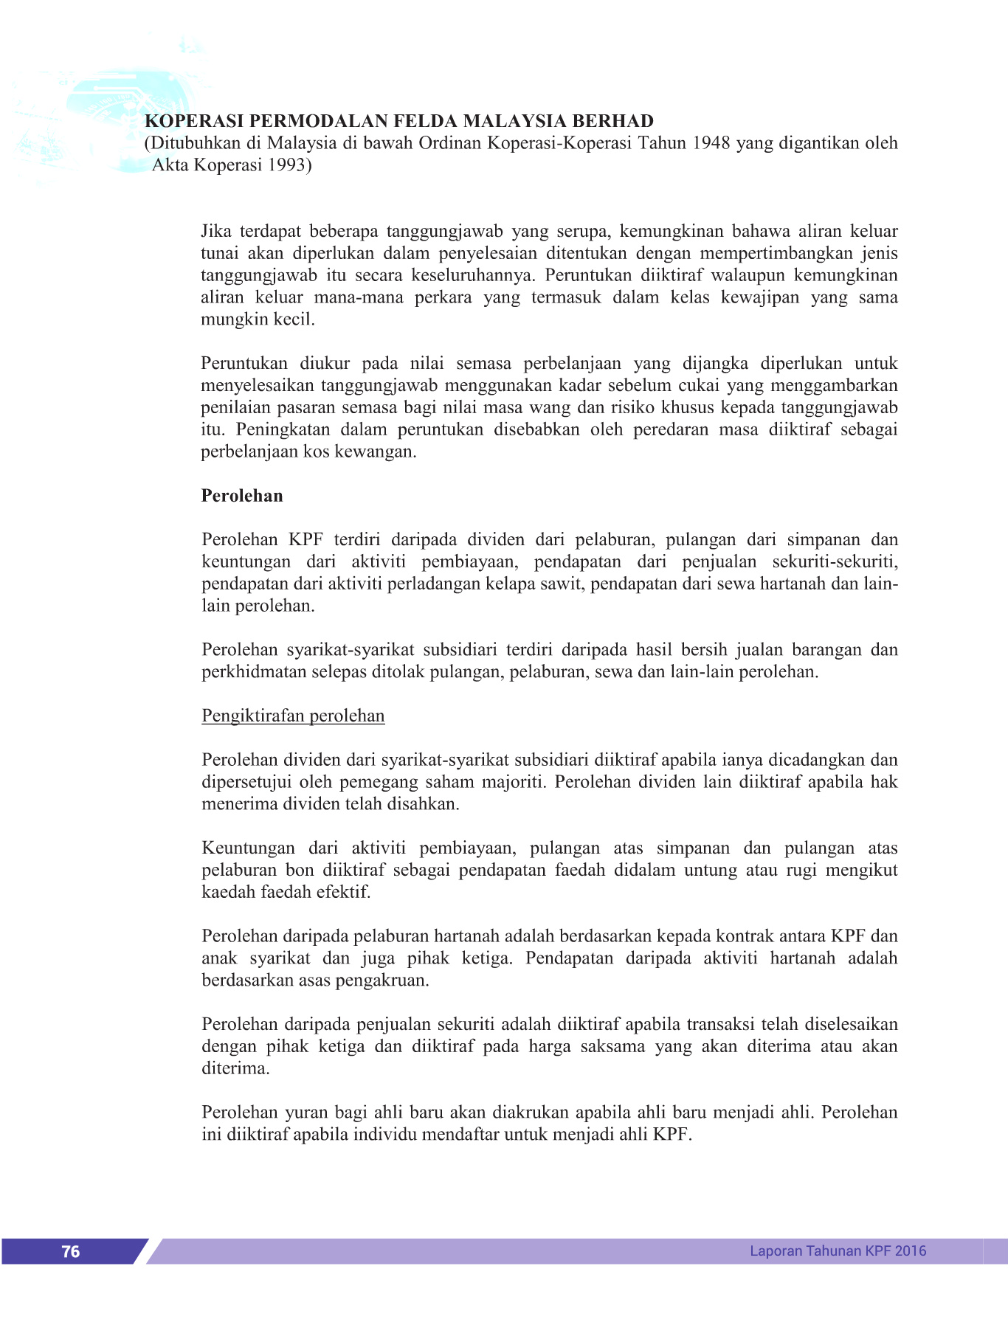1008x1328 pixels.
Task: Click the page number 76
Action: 71,1251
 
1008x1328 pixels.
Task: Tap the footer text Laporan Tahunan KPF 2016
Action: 838,1251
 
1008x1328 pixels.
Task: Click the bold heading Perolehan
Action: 242,496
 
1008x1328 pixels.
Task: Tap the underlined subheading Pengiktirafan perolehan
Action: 293,716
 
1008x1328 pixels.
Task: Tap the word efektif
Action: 343,892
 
